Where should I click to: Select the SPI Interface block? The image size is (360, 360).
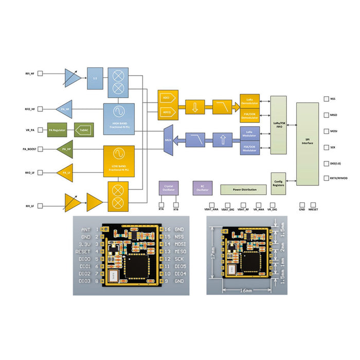tap(307, 140)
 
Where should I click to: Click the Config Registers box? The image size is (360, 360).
tap(278, 184)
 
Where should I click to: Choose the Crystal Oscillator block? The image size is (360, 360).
tap(168, 188)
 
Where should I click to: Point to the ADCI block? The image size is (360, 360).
tap(167, 96)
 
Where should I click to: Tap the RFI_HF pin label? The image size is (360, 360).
tap(30, 74)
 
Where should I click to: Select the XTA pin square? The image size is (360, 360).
tap(161, 204)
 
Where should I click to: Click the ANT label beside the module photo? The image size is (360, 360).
tap(86, 229)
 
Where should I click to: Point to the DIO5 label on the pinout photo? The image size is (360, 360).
tap(180, 266)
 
